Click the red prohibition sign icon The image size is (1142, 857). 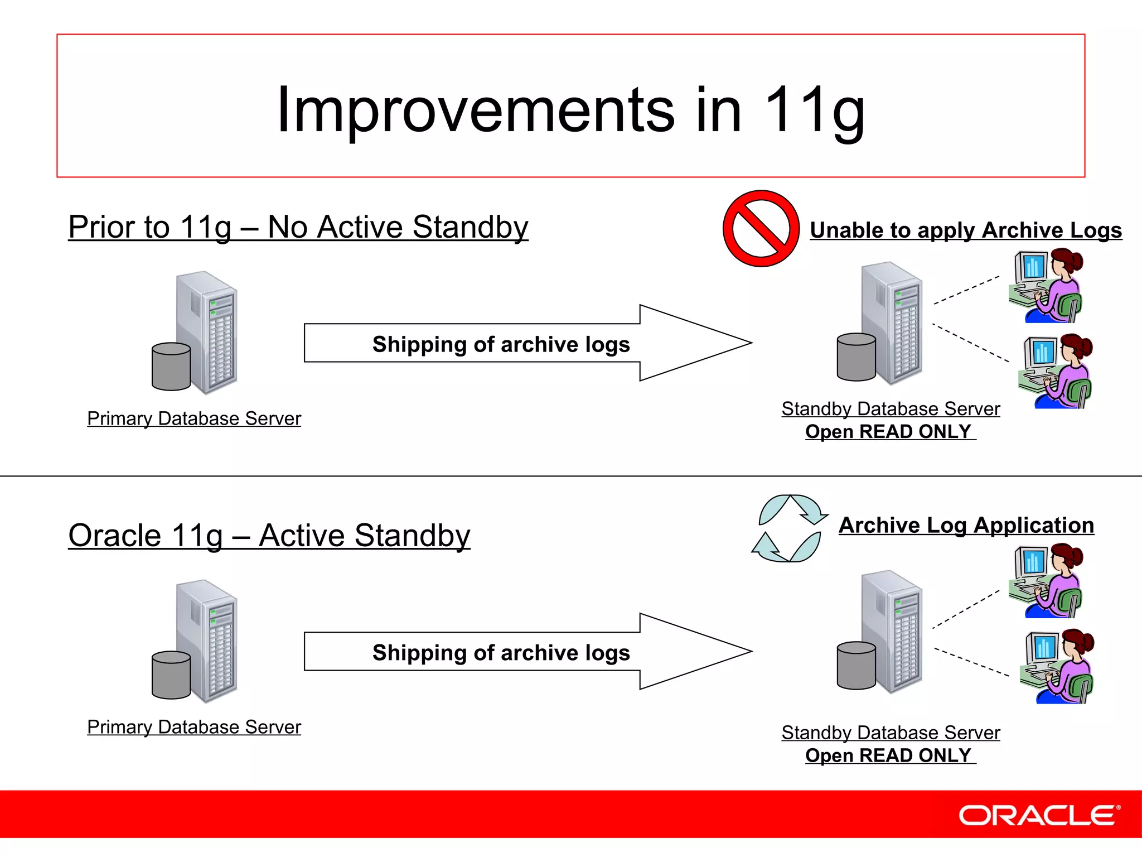(x=761, y=229)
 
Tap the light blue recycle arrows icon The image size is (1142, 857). (x=788, y=528)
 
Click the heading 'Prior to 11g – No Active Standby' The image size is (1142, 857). (x=298, y=227)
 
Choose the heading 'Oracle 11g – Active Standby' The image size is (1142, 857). (x=269, y=536)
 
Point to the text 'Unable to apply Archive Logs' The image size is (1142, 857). (x=965, y=230)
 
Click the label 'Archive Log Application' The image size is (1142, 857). (x=966, y=526)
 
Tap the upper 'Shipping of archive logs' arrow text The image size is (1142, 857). (x=501, y=344)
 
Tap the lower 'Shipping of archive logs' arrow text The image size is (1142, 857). (x=501, y=653)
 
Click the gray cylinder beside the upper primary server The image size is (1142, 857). (x=171, y=367)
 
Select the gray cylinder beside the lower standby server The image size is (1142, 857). (x=856, y=666)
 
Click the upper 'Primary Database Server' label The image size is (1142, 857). (x=194, y=418)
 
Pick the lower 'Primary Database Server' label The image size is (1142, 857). (x=194, y=727)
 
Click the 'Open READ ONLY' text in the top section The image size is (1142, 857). (x=889, y=432)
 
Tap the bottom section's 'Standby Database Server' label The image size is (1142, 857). (x=891, y=733)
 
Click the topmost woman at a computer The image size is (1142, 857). (x=1046, y=286)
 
